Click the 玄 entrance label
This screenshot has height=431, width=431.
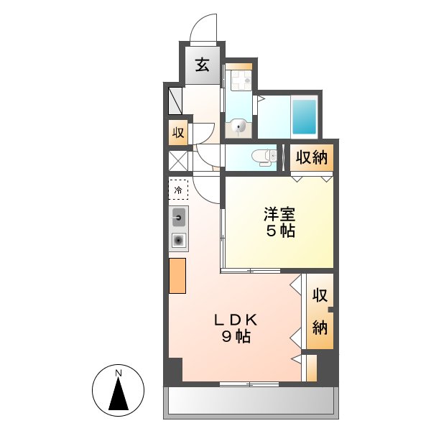[x=203, y=67]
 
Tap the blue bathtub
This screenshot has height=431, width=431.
[x=305, y=116]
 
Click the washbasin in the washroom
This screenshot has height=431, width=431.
[x=238, y=128]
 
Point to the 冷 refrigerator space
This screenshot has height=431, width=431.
[x=178, y=190]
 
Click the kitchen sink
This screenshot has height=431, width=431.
[x=178, y=216]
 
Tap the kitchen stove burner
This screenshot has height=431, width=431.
[x=178, y=240]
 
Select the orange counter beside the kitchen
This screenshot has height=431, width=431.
[x=177, y=274]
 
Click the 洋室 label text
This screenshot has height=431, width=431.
[x=279, y=214]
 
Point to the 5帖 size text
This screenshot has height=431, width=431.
[x=279, y=232]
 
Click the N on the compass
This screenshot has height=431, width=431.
[x=119, y=373]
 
